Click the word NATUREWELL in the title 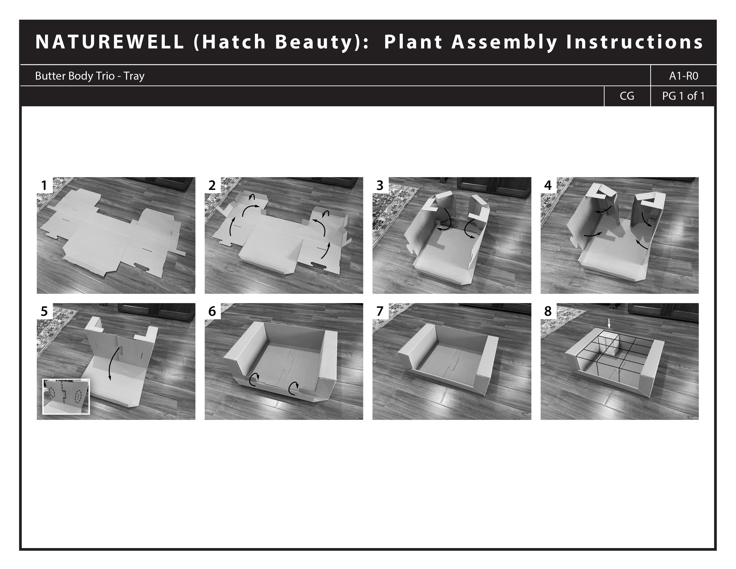click(110, 42)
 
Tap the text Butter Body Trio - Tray click(89, 76)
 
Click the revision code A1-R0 click(683, 76)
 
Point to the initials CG click(627, 96)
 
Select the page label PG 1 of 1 click(683, 96)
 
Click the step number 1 click(44, 186)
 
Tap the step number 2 click(212, 186)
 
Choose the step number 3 click(380, 186)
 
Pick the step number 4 click(548, 186)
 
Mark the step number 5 click(44, 311)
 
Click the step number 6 click(212, 311)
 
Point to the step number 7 click(380, 311)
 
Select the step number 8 click(548, 311)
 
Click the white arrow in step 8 click(609, 324)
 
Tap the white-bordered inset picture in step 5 click(66, 396)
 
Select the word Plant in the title click(412, 42)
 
